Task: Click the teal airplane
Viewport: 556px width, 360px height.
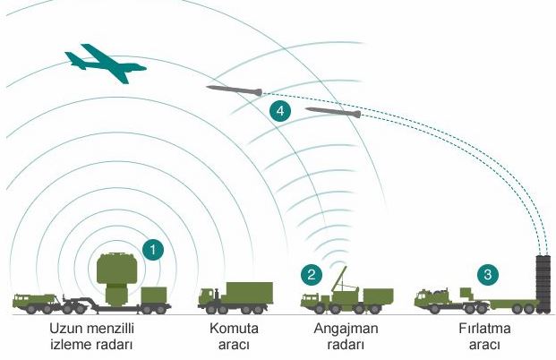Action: coord(106,64)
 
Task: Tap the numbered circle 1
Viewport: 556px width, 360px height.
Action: coord(153,250)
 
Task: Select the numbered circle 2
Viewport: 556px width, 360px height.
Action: coord(312,275)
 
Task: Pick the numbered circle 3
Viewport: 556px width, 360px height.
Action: coord(488,275)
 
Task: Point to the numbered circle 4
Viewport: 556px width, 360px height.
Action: coord(280,111)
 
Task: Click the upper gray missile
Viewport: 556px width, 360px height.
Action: coord(235,90)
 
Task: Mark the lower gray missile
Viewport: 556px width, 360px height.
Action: coord(333,112)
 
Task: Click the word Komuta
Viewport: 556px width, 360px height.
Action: coord(234,329)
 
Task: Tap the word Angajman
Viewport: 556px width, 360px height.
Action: coord(346,329)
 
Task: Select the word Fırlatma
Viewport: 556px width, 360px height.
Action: coord(484,329)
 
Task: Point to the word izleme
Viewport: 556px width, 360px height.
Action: coord(70,345)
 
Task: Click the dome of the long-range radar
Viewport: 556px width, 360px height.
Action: coord(117,269)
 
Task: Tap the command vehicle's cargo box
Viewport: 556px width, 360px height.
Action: coord(250,293)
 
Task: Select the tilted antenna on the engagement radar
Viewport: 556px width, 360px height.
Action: coord(338,279)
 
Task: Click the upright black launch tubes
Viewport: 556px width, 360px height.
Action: coord(543,284)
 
